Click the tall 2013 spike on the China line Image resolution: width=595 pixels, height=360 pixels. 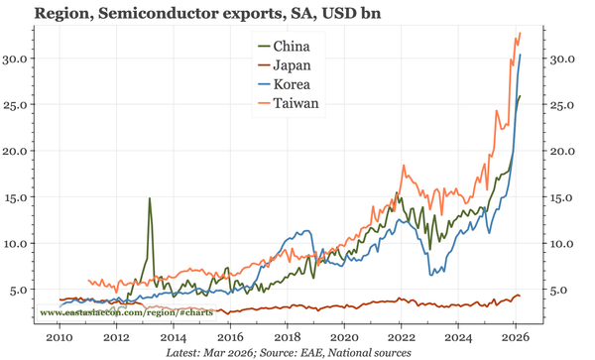tap(150, 198)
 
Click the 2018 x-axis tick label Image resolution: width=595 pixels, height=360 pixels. tap(287, 338)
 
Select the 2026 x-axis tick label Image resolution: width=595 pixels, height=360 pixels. tap(516, 338)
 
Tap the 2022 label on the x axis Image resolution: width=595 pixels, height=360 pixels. tap(402, 338)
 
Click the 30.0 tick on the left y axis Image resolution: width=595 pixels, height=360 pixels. tap(21, 59)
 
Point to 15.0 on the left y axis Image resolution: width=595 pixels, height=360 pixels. tap(21, 197)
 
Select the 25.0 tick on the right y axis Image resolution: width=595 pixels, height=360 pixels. tap(563, 105)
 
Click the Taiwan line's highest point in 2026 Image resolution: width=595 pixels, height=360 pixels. tap(521, 33)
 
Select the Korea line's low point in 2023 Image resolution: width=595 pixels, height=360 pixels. tap(430, 275)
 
